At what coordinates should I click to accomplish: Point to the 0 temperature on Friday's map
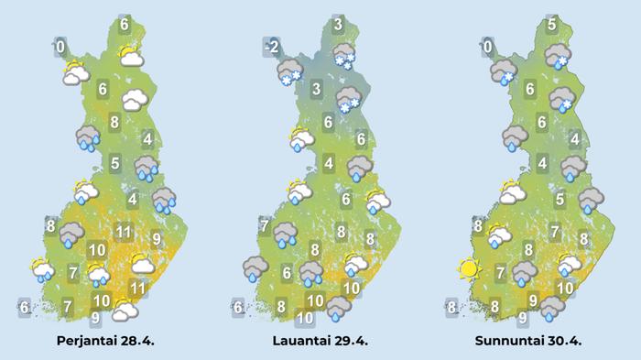click(60, 46)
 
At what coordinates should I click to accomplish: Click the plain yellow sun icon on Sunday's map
click(470, 269)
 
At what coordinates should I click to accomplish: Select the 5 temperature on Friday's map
click(115, 165)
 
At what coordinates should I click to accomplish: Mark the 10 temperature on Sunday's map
click(565, 289)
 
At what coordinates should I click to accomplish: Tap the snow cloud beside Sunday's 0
click(503, 72)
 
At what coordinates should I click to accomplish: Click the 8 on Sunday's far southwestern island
click(451, 307)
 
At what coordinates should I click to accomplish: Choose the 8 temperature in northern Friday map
click(114, 122)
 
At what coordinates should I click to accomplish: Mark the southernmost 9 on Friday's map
click(95, 319)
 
